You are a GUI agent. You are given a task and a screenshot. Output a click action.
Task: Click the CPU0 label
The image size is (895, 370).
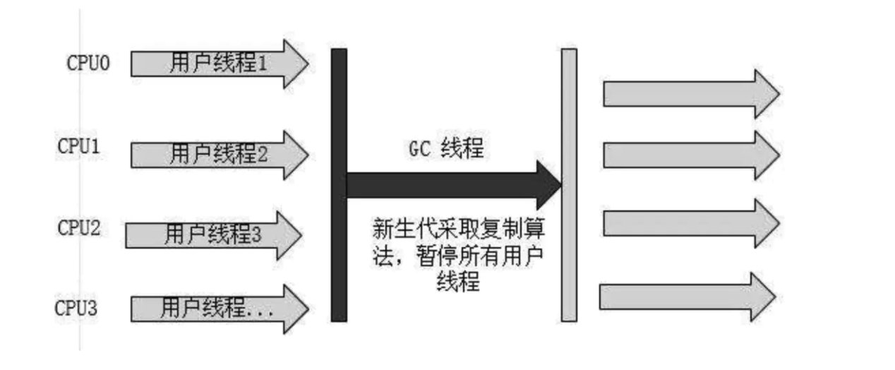(x=88, y=64)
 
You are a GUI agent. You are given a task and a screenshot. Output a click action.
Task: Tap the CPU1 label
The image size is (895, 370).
(x=80, y=148)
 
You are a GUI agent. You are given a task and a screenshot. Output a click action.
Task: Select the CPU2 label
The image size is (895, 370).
(x=79, y=228)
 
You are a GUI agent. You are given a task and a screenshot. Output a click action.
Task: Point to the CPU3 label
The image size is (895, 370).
(x=77, y=308)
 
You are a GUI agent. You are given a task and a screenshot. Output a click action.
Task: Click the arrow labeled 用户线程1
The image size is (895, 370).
(x=220, y=64)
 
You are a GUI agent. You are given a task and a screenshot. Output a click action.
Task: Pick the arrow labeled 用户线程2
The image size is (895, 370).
(x=220, y=153)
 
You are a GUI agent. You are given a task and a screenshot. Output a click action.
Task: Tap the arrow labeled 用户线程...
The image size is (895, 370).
(x=220, y=308)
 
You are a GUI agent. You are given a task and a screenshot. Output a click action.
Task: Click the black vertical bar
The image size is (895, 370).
(x=339, y=184)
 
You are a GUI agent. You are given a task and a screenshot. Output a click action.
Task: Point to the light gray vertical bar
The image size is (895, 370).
(x=569, y=184)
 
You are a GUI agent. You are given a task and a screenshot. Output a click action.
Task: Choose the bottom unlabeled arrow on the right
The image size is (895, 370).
(x=687, y=297)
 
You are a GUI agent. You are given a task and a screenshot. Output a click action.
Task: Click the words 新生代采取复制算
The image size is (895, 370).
(x=462, y=230)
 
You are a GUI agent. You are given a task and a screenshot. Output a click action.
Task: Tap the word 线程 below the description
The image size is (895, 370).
(x=459, y=282)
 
